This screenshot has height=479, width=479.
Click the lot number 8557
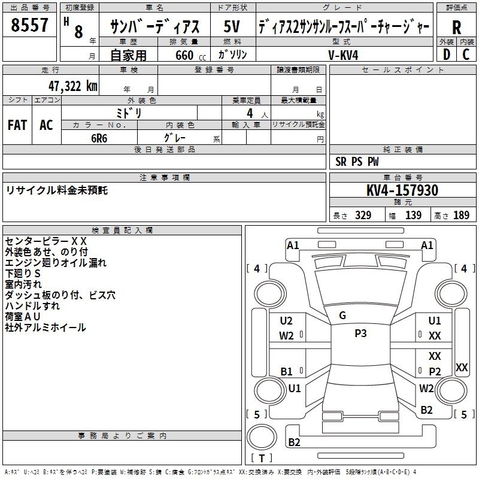29,25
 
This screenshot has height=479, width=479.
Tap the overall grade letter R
456,28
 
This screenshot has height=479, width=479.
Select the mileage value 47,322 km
72,86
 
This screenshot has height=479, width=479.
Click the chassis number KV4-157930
402,190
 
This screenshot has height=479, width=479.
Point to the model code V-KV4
343,55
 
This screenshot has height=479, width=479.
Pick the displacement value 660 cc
190,56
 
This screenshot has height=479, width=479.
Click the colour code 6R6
99,138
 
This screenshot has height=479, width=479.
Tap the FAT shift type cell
17,125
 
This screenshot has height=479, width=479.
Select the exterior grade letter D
446,54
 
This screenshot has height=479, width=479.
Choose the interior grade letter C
466,54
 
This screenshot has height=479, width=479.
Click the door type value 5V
232,26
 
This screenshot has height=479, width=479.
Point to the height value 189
461,216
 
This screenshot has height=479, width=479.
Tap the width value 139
413,216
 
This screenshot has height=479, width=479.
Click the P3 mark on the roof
360,334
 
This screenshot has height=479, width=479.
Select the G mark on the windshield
342,316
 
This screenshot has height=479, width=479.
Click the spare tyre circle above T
262,437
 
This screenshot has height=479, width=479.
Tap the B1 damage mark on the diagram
287,371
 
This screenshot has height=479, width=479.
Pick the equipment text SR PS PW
357,162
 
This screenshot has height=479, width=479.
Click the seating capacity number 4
250,113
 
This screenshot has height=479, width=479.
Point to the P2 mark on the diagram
435,371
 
